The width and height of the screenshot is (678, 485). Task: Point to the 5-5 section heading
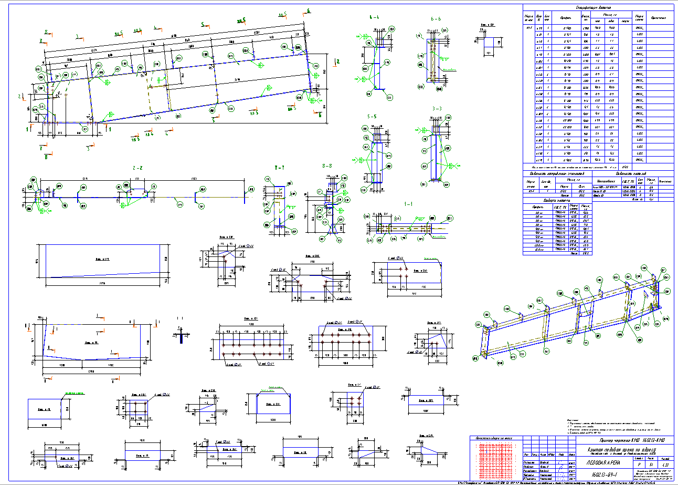[374, 117]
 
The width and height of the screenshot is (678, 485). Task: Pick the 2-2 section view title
[138, 168]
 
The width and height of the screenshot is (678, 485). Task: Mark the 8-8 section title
[327, 166]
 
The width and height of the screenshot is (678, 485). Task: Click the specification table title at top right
[598, 7]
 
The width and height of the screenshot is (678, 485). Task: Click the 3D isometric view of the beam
[572, 321]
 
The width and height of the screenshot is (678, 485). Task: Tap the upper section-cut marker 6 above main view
[309, 11]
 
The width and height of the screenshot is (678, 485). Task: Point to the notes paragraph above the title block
[603, 427]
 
